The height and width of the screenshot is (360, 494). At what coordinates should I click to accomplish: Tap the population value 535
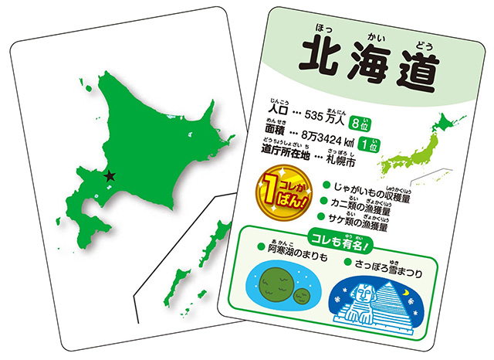[x=319, y=117]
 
